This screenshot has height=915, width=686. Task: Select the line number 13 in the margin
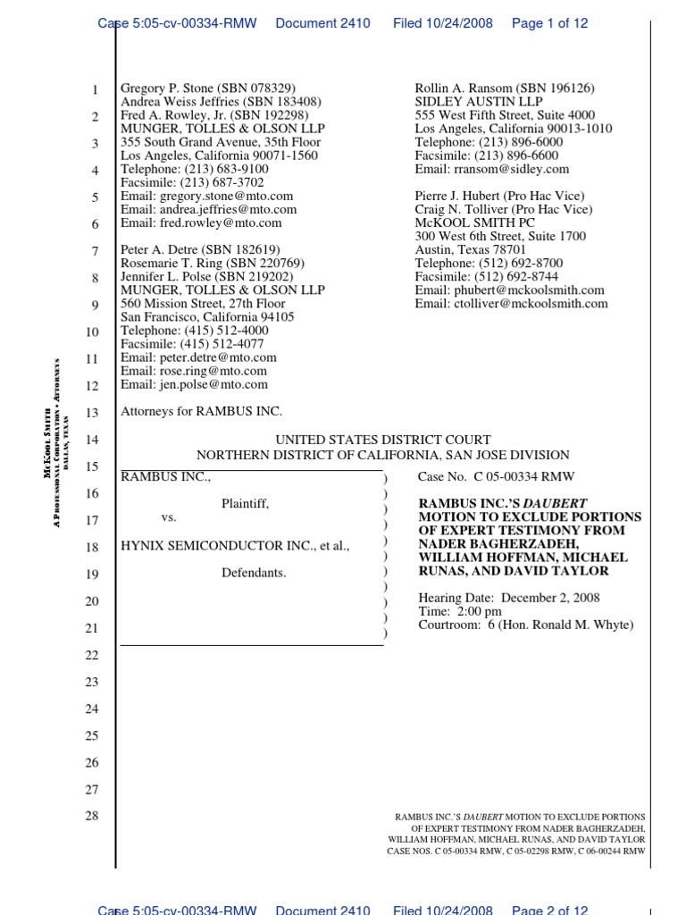(x=92, y=413)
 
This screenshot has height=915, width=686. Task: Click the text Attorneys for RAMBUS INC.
(x=201, y=412)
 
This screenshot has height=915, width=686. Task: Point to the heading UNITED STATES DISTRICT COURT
(x=382, y=440)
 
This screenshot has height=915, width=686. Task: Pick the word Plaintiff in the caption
(x=245, y=504)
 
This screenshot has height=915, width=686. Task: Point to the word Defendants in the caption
(x=254, y=573)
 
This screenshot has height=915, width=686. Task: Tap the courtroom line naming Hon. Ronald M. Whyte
(x=525, y=625)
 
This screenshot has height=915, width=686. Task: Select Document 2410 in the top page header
(x=322, y=23)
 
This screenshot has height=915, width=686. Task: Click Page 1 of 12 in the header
(x=549, y=23)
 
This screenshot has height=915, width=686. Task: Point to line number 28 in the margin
(x=92, y=817)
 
